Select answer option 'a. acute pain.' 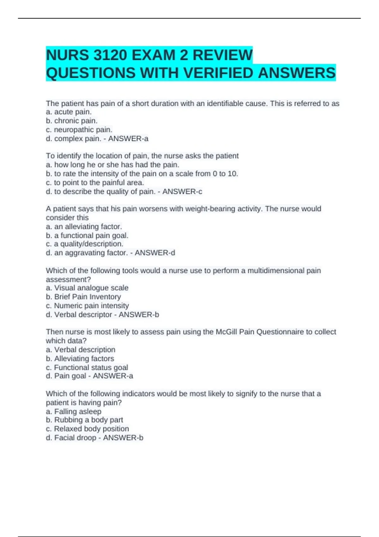(x=69, y=112)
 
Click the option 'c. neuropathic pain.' (x=79, y=130)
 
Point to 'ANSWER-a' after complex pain (x=128, y=139)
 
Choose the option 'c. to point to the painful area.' (x=95, y=183)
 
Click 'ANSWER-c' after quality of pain (x=182, y=192)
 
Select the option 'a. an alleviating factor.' (x=84, y=226)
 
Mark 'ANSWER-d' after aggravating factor (x=155, y=253)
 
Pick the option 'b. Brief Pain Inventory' (x=83, y=297)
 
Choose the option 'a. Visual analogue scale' (x=87, y=288)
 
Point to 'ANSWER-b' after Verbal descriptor (x=139, y=315)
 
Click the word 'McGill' (x=226, y=332)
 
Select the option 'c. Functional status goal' (x=87, y=368)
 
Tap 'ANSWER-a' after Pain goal (x=113, y=376)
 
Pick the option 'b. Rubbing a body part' (x=84, y=420)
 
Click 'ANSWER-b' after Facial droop (x=123, y=438)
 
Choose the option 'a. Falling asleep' (x=74, y=412)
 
